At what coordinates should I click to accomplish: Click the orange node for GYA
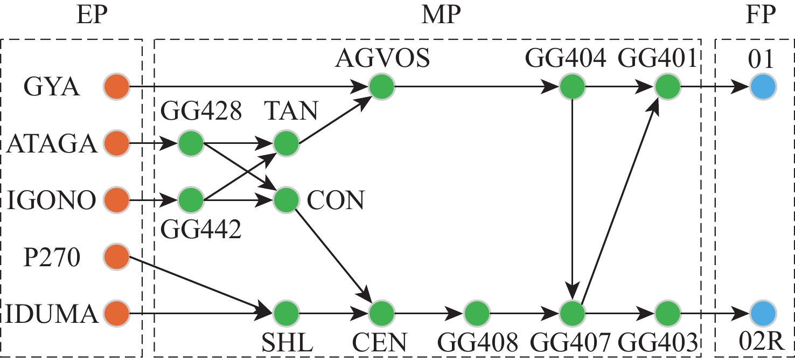[116, 86]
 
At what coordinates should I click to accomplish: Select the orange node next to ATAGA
[116, 144]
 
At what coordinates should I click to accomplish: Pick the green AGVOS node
[382, 86]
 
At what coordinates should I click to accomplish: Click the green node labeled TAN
[286, 144]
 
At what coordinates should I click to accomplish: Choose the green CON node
[286, 200]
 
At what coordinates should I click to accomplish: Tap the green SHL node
[286, 313]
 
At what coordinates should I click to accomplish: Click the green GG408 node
[477, 313]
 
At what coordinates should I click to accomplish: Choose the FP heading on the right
[761, 16]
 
